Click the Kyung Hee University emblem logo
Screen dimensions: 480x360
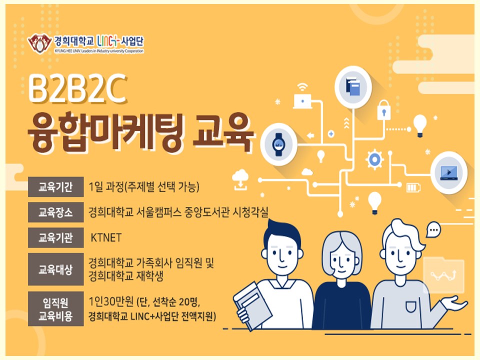click(x=39, y=43)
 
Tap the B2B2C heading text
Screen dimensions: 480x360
click(x=77, y=88)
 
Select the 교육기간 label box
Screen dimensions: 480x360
click(x=55, y=186)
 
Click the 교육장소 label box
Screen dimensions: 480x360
click(x=55, y=212)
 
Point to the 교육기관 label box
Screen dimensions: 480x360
click(x=55, y=237)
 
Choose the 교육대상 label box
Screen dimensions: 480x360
click(x=55, y=269)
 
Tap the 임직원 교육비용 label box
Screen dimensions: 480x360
click(x=55, y=309)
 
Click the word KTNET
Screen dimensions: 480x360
click(x=106, y=237)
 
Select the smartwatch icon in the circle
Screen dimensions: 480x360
click(x=278, y=144)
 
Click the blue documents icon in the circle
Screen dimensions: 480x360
click(x=352, y=86)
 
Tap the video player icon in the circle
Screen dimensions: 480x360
click(x=449, y=172)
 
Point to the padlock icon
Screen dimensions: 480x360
click(x=384, y=109)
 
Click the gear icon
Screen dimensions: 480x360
click(x=374, y=159)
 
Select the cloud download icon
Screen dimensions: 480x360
click(x=240, y=180)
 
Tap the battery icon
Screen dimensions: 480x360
click(x=413, y=187)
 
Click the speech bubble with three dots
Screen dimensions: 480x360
click(x=433, y=229)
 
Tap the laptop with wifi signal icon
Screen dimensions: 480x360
click(x=303, y=96)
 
